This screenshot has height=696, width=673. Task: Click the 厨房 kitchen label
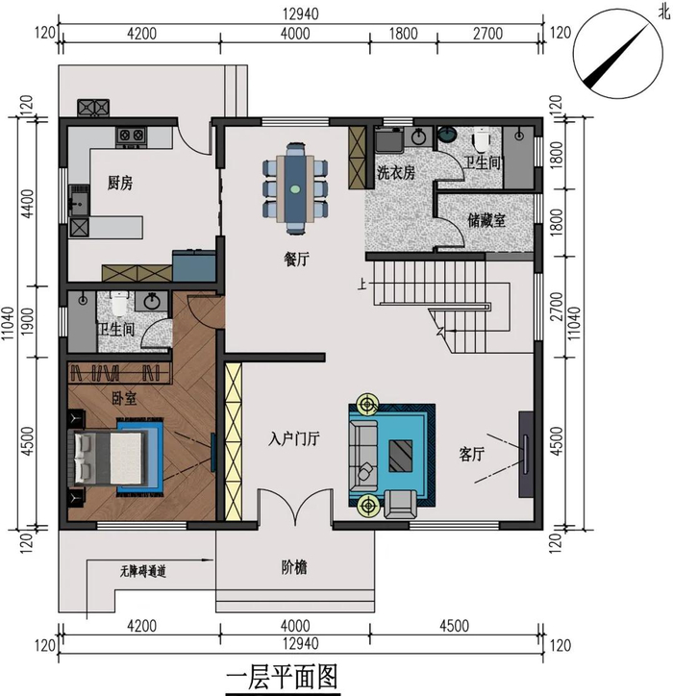coord(120,183)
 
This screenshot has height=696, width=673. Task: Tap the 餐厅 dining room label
coord(296,259)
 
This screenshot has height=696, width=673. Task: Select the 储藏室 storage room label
coord(486,220)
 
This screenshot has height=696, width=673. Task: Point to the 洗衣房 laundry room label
coord(396,173)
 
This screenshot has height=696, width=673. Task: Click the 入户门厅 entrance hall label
coord(294,438)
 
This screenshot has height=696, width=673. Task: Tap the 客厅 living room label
coord(471,454)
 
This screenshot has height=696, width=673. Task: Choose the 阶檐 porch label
coord(294,567)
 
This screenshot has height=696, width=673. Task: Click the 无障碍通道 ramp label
coord(142,571)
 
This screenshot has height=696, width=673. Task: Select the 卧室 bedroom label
coord(124,398)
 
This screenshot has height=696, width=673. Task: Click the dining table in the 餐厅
coord(295,188)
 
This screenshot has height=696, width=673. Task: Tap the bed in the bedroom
coord(110,458)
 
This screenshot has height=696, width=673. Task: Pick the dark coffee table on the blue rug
coord(400,456)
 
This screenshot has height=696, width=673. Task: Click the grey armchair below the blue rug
coord(400,505)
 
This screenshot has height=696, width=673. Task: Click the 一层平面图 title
coord(283,678)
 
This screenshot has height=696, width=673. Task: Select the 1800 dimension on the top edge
coord(403,34)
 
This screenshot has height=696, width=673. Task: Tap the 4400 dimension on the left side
coord(27,203)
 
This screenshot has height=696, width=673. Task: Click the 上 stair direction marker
coord(362,284)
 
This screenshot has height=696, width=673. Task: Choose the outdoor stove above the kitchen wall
coord(93,108)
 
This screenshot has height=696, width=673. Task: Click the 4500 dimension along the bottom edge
coord(454,626)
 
